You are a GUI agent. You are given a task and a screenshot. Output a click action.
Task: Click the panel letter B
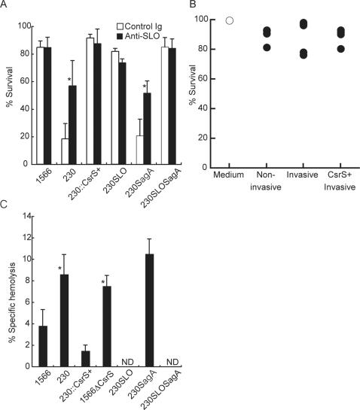coord(194,5)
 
